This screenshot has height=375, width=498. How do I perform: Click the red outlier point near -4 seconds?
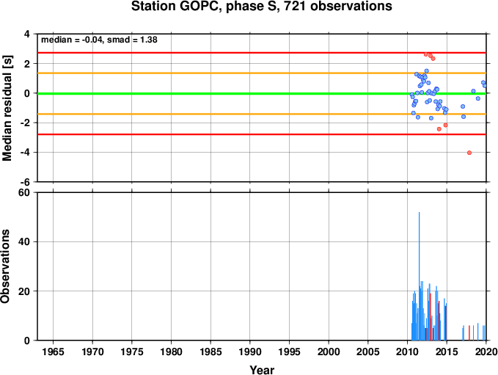(469, 153)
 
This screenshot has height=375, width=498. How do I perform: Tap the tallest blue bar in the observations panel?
(420, 276)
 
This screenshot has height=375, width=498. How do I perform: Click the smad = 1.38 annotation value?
(132, 40)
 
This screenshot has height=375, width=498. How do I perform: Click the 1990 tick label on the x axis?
(250, 352)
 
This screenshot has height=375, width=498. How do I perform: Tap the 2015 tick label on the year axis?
(447, 352)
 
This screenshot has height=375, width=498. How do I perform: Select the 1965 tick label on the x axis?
(53, 352)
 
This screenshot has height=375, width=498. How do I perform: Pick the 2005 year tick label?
(368, 352)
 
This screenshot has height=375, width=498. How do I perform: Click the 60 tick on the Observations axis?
(24, 192)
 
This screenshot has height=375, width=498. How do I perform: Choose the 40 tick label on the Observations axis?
(24, 242)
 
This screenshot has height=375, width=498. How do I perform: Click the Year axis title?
(262, 370)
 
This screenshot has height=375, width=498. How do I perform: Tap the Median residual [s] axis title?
(7, 109)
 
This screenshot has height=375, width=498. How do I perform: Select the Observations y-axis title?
(5, 266)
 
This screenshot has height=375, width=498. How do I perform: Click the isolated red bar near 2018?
(469, 332)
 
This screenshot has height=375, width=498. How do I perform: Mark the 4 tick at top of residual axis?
(27, 34)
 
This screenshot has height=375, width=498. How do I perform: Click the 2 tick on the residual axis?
(27, 64)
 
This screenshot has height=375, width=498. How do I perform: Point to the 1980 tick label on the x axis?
(171, 352)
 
